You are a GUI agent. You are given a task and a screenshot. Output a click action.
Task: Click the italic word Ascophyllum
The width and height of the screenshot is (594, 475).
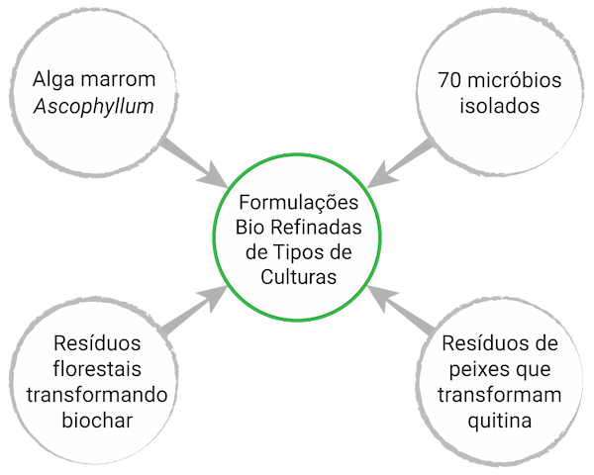pyautogui.click(x=93, y=105)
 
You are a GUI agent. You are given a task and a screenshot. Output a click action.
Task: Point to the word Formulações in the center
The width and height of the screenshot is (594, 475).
pyautogui.click(x=297, y=201)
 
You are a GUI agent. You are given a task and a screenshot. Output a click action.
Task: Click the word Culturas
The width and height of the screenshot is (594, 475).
pyautogui.click(x=297, y=278)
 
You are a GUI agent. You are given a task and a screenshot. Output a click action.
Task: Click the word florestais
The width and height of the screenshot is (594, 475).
pyautogui.click(x=94, y=370)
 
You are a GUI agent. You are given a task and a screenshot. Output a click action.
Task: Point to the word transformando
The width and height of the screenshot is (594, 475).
pyautogui.click(x=94, y=396)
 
